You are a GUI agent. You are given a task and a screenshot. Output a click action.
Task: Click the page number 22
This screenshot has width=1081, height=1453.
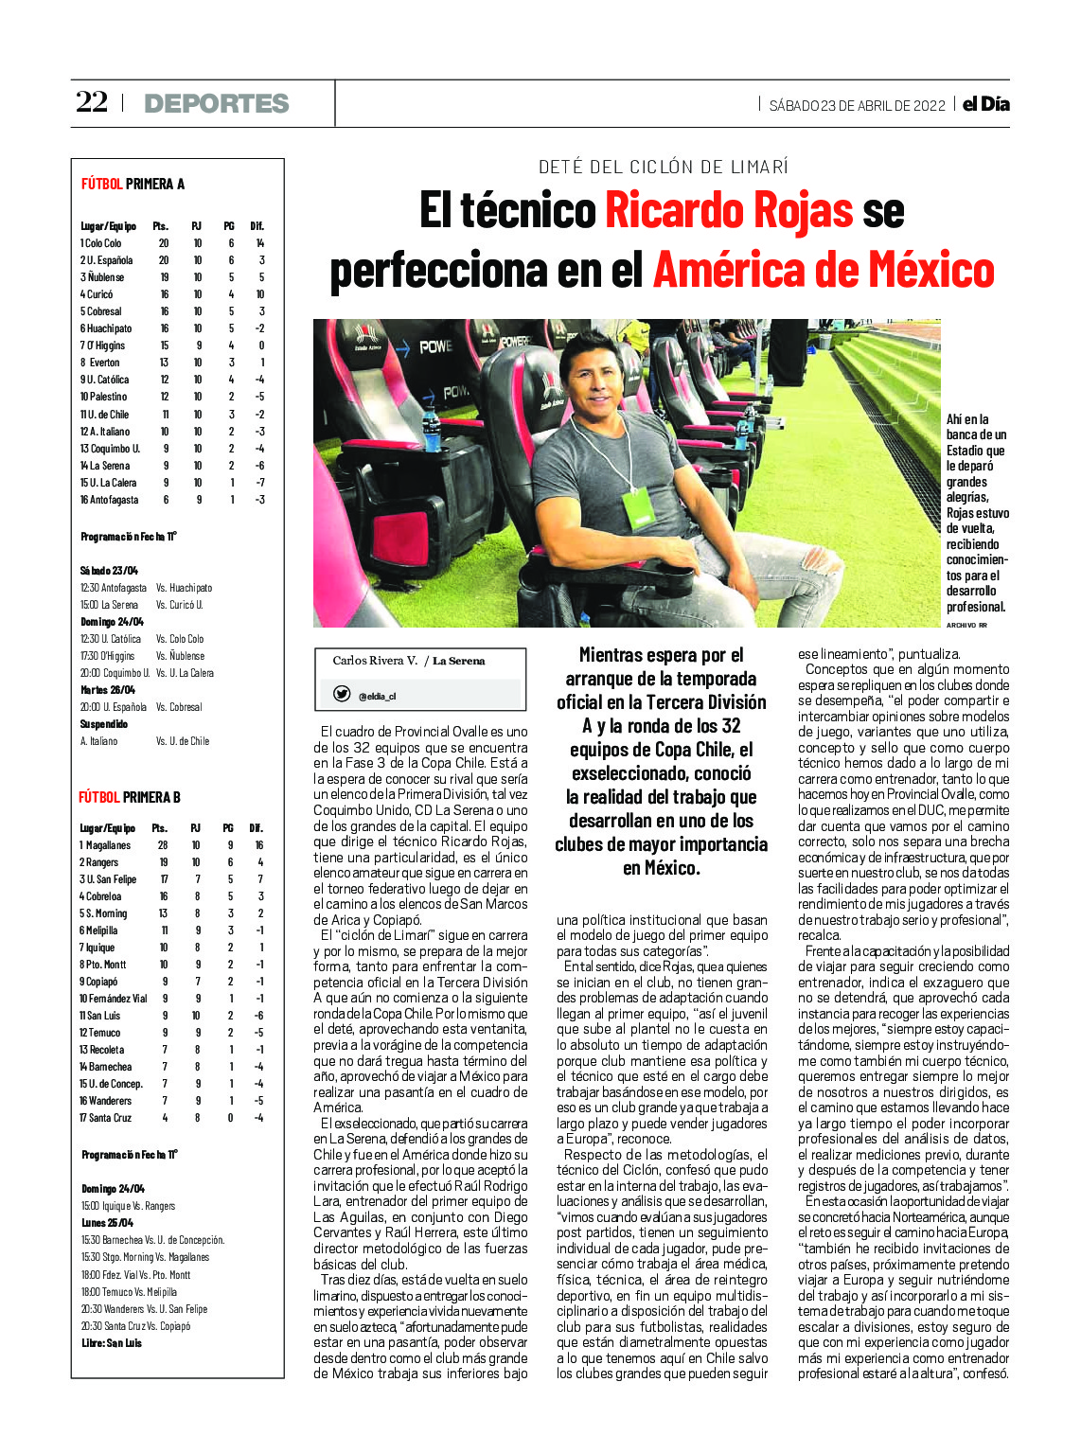point(92,102)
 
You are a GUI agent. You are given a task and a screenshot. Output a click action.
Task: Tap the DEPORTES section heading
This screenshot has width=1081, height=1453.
point(217,104)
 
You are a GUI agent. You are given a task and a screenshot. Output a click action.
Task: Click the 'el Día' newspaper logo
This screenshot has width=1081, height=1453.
point(985,104)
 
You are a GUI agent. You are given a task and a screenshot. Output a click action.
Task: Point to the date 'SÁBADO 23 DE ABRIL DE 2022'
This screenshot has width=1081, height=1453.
point(857,106)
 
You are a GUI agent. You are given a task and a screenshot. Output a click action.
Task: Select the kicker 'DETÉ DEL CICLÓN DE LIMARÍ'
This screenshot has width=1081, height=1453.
point(663,167)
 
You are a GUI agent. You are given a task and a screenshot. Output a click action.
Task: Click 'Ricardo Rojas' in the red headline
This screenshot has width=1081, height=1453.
point(729,210)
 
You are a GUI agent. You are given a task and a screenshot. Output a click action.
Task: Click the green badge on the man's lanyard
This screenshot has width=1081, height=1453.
point(637,507)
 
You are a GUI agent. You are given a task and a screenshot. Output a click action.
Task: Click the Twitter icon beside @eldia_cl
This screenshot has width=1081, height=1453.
point(342,694)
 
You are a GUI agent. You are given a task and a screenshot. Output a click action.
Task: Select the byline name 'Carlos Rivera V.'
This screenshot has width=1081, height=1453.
point(375,661)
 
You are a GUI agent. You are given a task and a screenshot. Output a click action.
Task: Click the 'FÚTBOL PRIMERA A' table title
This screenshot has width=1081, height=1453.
point(133,184)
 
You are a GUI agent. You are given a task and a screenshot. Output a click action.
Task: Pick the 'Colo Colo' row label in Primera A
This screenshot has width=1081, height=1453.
point(103,243)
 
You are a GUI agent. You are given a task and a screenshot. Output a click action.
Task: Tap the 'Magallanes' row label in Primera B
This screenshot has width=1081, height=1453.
point(108,845)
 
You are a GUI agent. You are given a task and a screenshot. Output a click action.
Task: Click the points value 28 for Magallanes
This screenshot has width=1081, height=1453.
point(163,845)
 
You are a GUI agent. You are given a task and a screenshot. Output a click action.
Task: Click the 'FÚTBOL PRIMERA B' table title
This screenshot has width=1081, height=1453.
point(130,797)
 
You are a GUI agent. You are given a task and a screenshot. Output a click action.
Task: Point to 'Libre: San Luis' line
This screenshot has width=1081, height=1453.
point(112,1343)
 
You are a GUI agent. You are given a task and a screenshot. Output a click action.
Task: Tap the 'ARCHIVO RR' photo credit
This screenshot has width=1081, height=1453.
point(966,625)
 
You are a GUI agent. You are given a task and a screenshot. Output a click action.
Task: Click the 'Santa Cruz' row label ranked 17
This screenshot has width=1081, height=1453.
point(109,1118)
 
